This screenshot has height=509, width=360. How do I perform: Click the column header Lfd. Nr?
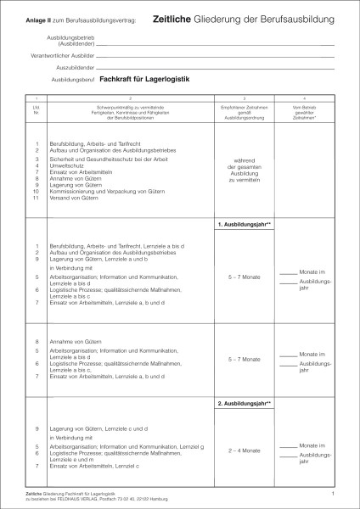coord(37,110)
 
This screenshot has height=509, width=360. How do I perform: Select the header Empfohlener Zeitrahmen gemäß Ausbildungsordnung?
coord(244,110)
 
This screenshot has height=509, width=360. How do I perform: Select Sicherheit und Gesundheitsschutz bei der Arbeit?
coord(107,159)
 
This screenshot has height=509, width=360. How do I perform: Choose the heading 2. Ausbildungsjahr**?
coord(244,404)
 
